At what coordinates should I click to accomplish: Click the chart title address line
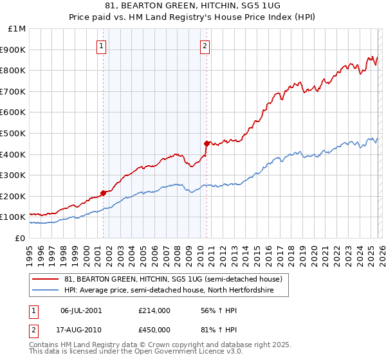coord(192,7)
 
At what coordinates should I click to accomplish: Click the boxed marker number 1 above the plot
coord(102,46)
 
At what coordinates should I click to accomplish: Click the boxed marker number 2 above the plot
coord(205,46)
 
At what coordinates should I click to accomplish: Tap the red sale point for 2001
coord(103,193)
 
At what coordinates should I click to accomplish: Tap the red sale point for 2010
coord(207,143)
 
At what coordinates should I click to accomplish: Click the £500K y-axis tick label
coord(15,133)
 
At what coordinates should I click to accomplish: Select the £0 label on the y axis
coord(21,238)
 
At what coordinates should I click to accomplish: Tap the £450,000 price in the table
coord(154,330)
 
